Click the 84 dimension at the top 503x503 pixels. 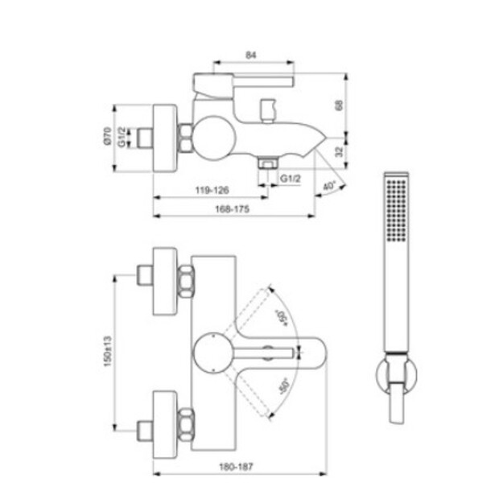click(251, 56)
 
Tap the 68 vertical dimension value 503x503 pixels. click(339, 105)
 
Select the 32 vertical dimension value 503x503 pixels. click(339, 151)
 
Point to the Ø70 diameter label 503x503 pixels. click(108, 136)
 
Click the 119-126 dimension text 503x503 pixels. click(212, 190)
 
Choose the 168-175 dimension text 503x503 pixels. click(232, 209)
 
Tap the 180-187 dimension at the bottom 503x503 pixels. click(236, 467)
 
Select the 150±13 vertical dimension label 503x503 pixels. click(108, 351)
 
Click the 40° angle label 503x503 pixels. click(329, 186)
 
